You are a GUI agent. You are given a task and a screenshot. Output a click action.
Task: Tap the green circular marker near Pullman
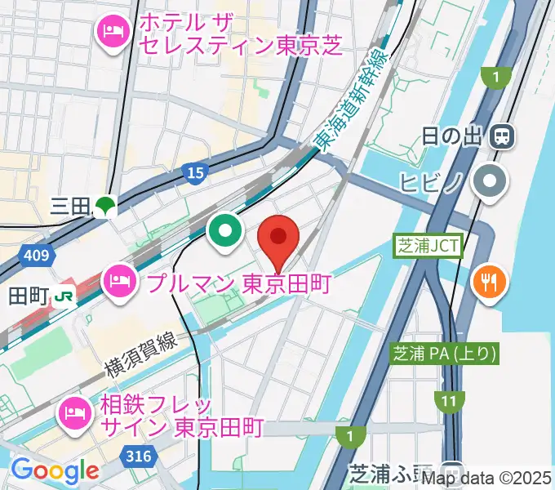[224, 231]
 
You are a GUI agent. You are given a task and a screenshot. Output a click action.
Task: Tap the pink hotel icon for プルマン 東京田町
[119, 283]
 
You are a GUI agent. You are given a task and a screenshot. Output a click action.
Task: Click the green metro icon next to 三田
[104, 206]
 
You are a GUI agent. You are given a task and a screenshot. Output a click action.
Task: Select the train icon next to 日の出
[501, 136]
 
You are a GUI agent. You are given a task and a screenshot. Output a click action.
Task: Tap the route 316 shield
[138, 455]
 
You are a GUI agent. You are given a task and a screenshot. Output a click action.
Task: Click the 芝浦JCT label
[428, 244]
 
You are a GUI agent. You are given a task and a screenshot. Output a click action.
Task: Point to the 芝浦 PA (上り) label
[445, 354]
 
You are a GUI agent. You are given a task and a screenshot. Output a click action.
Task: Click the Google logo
[54, 471]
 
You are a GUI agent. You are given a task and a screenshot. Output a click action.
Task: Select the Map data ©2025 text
[486, 478]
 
